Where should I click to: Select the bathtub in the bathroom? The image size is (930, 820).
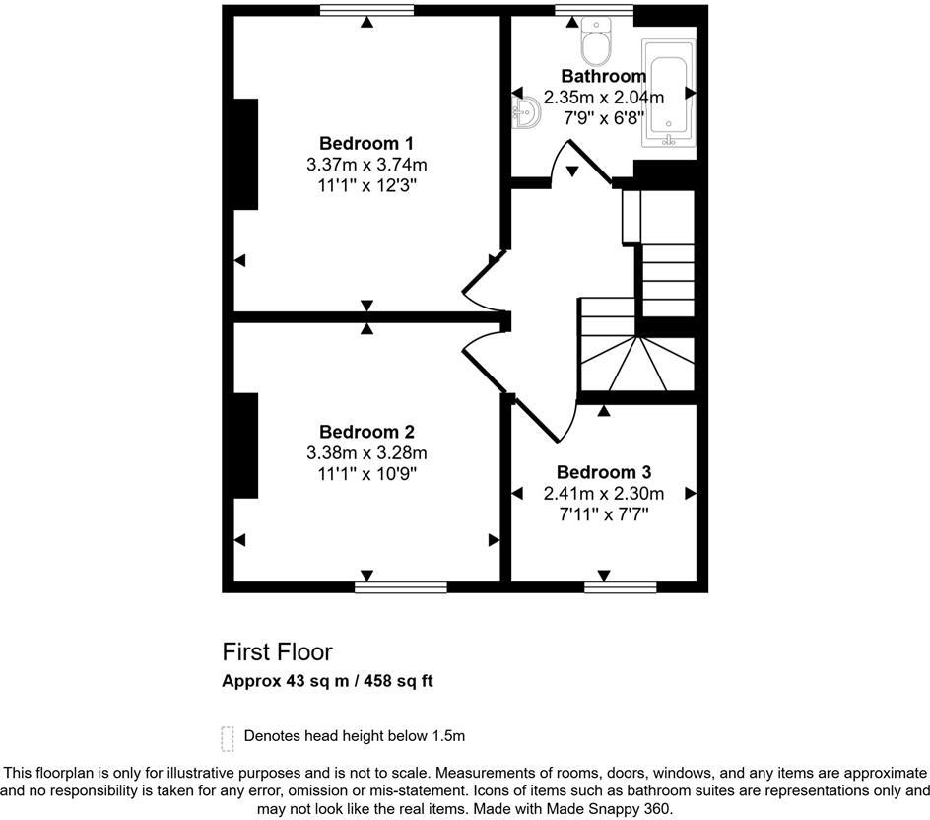[x=669, y=93]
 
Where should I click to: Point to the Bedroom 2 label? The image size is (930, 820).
[x=366, y=432]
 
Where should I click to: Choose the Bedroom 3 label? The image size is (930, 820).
[x=603, y=472]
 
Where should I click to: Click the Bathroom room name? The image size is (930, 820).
[x=603, y=76]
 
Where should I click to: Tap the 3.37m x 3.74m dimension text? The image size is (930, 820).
[x=366, y=164]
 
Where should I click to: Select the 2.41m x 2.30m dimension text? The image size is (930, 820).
[x=603, y=493]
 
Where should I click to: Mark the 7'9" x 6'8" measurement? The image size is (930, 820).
[x=603, y=117]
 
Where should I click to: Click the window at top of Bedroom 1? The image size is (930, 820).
[x=366, y=10]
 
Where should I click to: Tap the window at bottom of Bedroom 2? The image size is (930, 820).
[x=400, y=587]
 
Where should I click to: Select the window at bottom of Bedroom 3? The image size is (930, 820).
[x=621, y=587]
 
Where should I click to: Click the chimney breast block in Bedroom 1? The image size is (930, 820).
[x=244, y=154]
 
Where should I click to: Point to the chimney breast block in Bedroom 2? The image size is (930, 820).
[x=244, y=445]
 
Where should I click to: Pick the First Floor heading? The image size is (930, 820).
[x=277, y=651]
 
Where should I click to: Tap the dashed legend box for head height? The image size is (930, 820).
[x=229, y=737]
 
